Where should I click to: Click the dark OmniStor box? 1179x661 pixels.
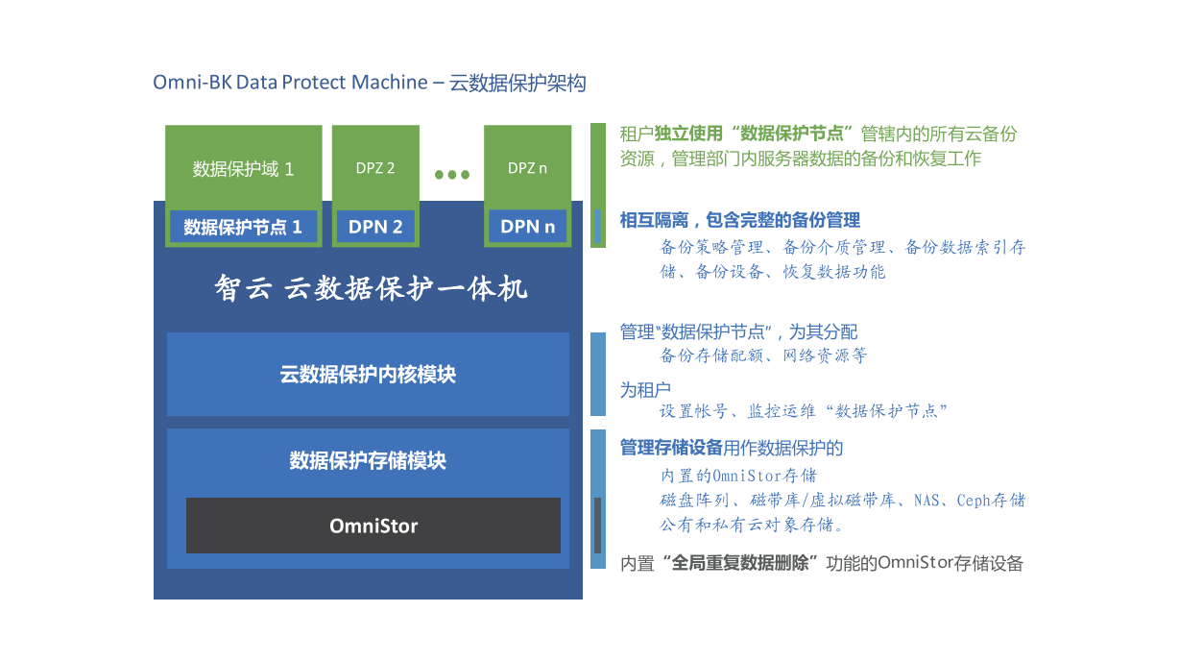click(373, 526)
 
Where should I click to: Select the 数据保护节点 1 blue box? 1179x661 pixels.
click(243, 227)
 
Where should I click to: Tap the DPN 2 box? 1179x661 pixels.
click(375, 227)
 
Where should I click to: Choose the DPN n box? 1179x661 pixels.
click(527, 227)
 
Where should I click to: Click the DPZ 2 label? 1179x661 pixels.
click(375, 168)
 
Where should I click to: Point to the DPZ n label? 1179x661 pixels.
click(527, 168)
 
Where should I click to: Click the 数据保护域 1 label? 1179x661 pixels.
click(243, 169)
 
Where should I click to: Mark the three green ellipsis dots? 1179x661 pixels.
click(452, 174)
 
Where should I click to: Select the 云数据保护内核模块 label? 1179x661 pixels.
click(368, 375)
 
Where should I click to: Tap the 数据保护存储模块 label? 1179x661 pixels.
click(368, 460)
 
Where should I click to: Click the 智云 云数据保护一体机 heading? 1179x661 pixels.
click(371, 288)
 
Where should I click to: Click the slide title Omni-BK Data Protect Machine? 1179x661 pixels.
click(290, 83)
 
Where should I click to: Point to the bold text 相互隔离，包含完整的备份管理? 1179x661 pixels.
click(739, 220)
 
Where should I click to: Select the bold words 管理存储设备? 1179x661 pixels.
click(670, 448)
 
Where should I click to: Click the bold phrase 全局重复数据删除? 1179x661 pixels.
click(739, 563)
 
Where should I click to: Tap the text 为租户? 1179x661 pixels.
click(645, 390)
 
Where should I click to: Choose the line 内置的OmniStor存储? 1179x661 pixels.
click(738, 476)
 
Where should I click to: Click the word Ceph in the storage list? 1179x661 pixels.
click(974, 501)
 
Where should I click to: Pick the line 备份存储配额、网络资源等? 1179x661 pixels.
click(763, 355)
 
